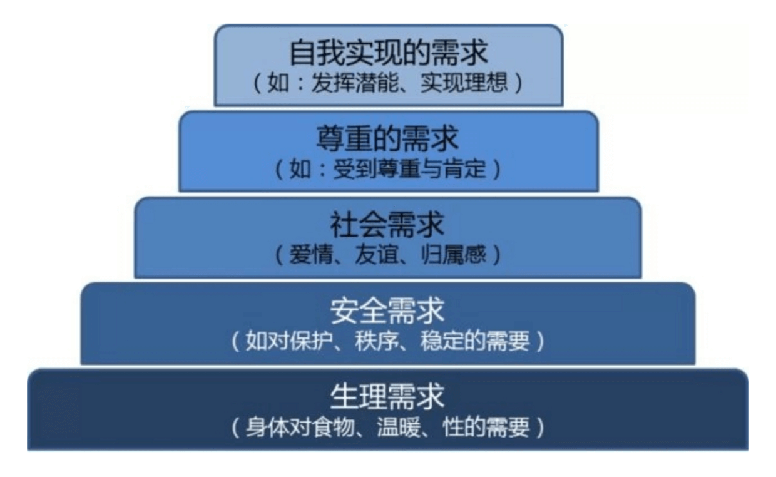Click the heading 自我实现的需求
pyautogui.click(x=388, y=54)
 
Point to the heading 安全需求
pyautogui.click(x=387, y=311)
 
